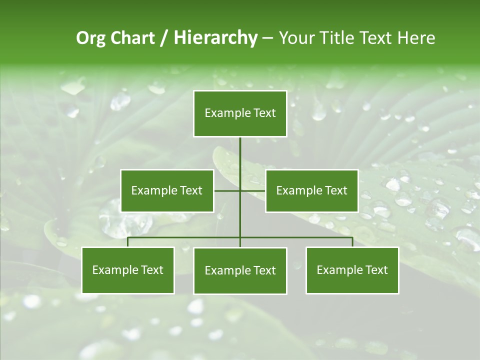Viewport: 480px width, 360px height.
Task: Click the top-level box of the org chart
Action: click(240, 113)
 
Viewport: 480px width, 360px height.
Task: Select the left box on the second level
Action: click(167, 190)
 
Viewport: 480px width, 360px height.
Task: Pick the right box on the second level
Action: click(311, 190)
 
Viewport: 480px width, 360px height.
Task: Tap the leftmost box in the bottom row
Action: click(128, 270)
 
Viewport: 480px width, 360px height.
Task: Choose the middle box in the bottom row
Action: click(240, 270)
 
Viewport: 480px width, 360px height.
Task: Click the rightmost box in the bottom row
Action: click(352, 270)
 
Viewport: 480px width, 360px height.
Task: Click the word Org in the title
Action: click(90, 38)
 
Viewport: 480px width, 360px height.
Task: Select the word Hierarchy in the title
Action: click(215, 38)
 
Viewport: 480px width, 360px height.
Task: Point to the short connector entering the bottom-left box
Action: click(128, 242)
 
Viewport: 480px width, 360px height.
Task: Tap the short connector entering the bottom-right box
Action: click(352, 242)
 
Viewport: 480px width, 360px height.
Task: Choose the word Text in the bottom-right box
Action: click(376, 270)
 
